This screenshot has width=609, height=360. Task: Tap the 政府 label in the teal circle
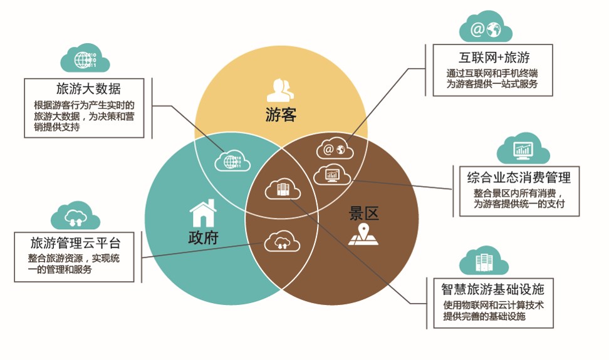point(203,239)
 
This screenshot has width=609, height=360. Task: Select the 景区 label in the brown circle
point(363,213)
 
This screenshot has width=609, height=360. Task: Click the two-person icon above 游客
point(280,90)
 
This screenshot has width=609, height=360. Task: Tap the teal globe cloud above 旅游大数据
point(85,59)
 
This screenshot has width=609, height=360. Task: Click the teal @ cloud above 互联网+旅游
point(486,28)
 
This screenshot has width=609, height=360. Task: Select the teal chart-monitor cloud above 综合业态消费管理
point(523,150)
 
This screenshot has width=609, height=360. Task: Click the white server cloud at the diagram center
point(281,188)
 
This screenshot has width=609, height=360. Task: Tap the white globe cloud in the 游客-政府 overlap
point(232,160)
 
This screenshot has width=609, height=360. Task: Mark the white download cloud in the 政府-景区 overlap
point(280,242)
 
